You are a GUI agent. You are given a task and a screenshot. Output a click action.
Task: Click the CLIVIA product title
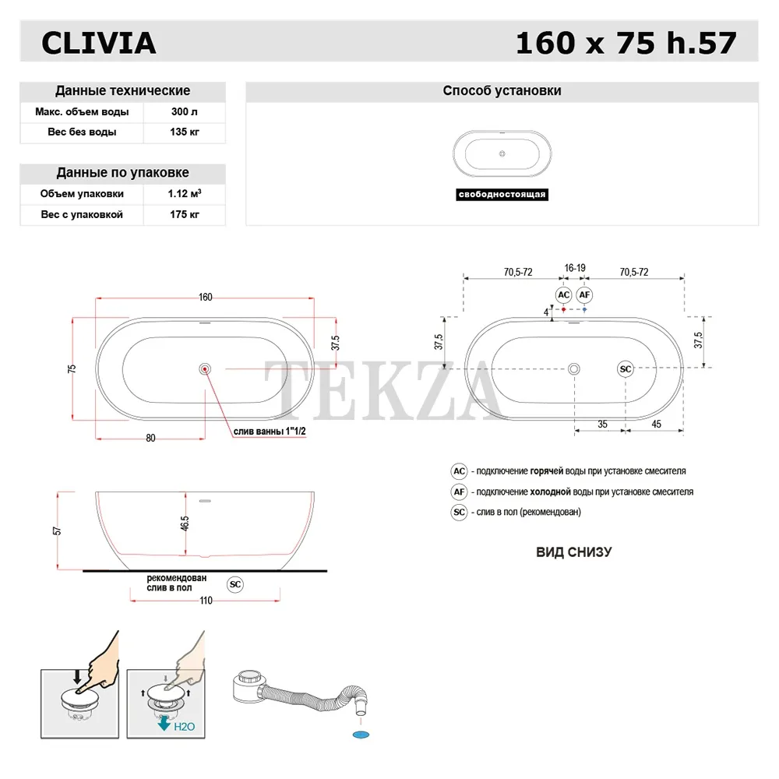(99, 43)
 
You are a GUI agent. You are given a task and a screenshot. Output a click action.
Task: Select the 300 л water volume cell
(185, 111)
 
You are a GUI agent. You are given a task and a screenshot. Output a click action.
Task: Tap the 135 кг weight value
(185, 132)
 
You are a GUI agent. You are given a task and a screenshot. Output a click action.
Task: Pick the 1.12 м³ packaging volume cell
(185, 193)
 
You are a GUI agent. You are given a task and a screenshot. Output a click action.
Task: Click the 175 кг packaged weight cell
(185, 215)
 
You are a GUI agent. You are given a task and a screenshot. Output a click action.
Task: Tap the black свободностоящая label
(502, 194)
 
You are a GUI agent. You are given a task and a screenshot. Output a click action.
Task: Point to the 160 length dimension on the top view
(205, 297)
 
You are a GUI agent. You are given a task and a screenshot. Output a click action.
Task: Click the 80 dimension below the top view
(150, 438)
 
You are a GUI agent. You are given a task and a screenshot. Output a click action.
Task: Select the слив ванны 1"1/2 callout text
(270, 432)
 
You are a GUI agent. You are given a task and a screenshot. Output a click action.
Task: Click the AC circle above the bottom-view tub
(563, 295)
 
